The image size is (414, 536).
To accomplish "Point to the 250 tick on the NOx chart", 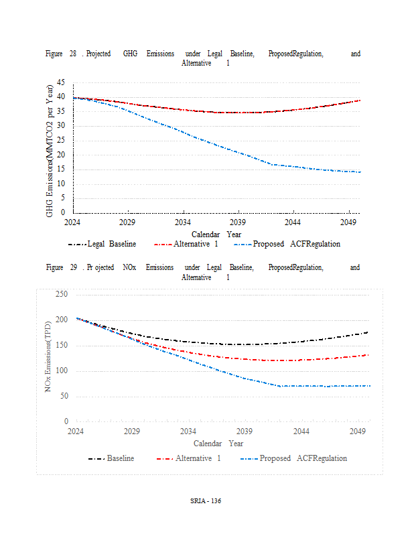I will click(x=62, y=294).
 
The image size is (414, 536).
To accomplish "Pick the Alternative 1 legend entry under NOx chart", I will click(x=198, y=458).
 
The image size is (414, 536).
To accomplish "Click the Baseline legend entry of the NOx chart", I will click(x=120, y=458).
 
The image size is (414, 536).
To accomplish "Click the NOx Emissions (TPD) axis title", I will click(x=48, y=358).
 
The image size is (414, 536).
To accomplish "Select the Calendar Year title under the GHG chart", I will click(x=216, y=234).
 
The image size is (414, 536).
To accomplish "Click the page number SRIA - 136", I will click(x=206, y=501).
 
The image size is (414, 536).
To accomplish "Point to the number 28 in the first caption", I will click(x=72, y=54).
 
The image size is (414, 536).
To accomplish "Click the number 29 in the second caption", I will click(x=74, y=267).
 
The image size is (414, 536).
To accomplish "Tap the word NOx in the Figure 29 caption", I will click(x=130, y=267).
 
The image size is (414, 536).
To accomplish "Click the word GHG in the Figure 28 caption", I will click(x=130, y=54).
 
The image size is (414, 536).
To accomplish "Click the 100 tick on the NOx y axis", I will click(x=62, y=371).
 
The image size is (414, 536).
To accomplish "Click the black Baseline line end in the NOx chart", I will click(x=367, y=332).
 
